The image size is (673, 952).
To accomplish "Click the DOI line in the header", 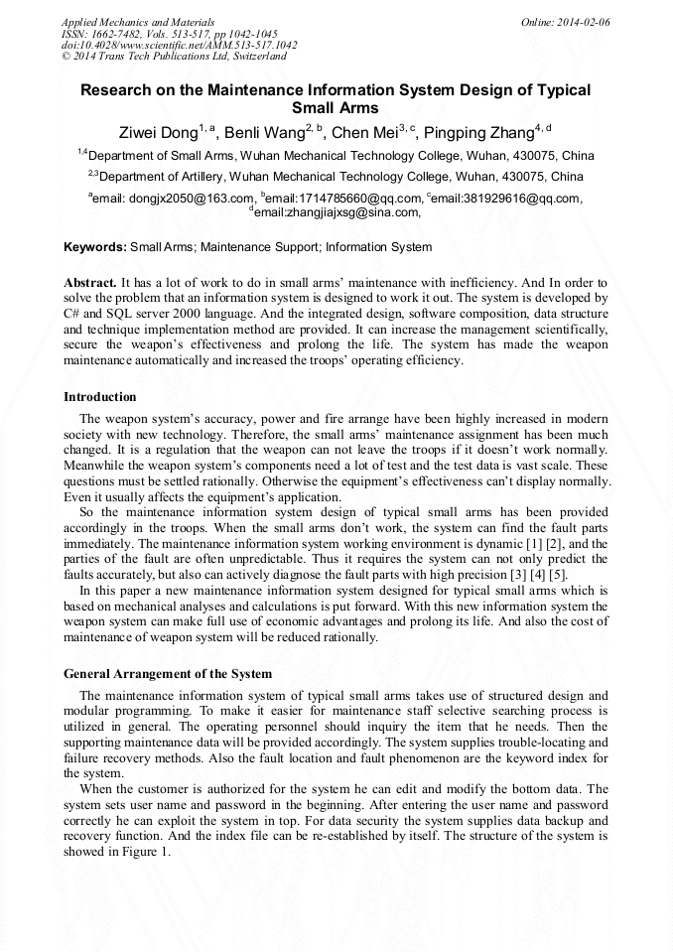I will click(x=179, y=46).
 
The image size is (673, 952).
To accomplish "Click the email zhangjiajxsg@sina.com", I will click(x=337, y=212).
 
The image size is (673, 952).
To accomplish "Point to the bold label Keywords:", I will click(x=95, y=247).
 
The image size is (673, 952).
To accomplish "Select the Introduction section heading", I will click(x=99, y=397).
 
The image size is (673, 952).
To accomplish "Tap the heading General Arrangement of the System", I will click(x=167, y=674).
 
